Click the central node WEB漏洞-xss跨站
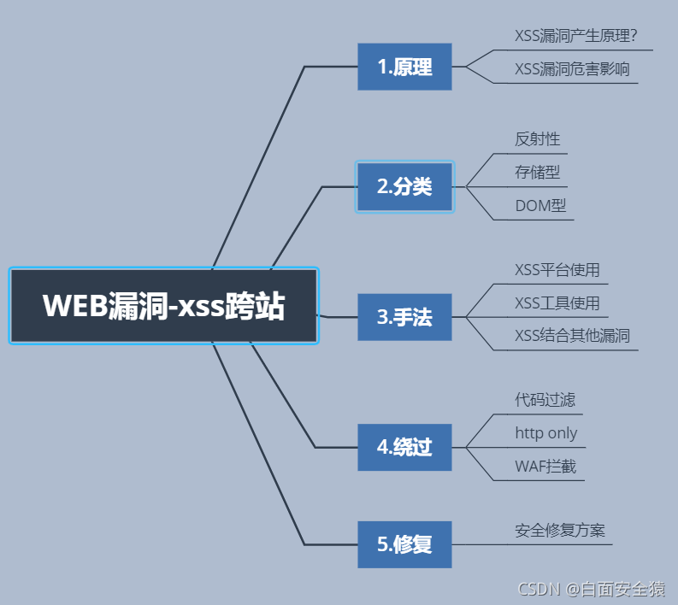tap(163, 306)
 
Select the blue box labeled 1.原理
tap(404, 67)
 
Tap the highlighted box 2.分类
tap(404, 186)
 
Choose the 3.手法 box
tap(404, 317)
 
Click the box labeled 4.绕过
tap(404, 447)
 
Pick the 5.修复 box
tap(404, 544)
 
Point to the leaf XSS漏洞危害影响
tap(572, 69)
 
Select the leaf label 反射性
tap(537, 138)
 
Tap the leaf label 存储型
tap(537, 172)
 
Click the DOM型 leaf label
tap(540, 205)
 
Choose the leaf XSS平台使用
tap(557, 271)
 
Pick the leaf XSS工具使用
tap(557, 303)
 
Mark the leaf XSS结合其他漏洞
tap(572, 335)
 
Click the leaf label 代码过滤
tap(545, 400)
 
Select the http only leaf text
tap(545, 433)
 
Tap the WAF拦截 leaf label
tap(545, 467)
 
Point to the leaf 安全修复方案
tap(560, 530)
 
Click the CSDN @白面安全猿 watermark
tap(592, 589)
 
